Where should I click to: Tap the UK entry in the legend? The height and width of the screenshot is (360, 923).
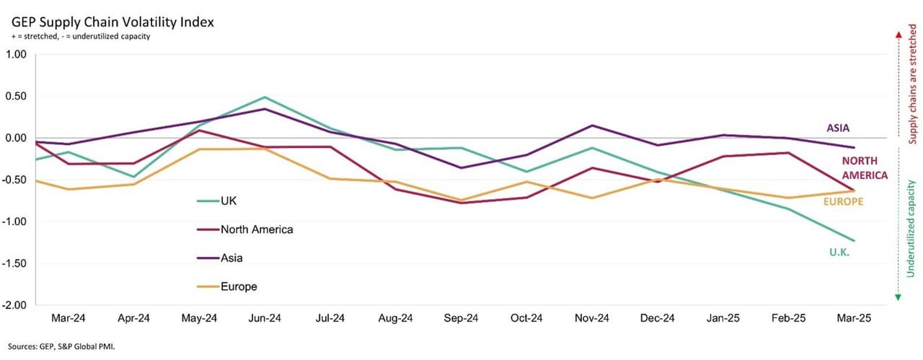(x=229, y=201)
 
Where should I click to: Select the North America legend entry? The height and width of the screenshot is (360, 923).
(x=257, y=229)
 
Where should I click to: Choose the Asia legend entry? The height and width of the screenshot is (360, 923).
(x=232, y=258)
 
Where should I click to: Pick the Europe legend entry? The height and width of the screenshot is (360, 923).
(x=239, y=286)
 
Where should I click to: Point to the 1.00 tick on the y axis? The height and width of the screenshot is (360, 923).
(x=16, y=54)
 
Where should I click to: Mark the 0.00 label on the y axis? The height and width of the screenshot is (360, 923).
(x=16, y=138)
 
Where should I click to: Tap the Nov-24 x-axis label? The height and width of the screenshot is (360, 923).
(x=592, y=318)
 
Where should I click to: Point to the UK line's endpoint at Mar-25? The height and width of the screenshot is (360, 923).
(x=854, y=241)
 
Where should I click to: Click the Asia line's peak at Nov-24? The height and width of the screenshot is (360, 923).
(x=592, y=126)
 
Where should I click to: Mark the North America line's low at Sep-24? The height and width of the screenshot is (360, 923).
(x=461, y=203)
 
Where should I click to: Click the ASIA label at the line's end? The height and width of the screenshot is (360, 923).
(x=838, y=128)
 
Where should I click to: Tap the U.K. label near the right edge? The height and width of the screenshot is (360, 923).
(x=839, y=251)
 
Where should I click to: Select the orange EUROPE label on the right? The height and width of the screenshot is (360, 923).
(x=843, y=202)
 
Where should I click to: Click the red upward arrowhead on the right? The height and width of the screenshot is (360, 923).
(x=898, y=33)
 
